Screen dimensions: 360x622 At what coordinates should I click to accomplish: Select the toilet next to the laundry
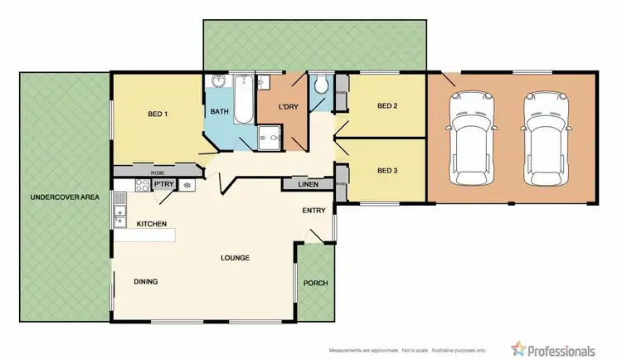pyautogui.click(x=322, y=85)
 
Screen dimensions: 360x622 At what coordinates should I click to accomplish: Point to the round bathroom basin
pyautogui.click(x=217, y=82)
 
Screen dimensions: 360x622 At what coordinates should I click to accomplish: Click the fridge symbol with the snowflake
pyautogui.click(x=187, y=186)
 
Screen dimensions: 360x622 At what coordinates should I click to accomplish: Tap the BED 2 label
pyautogui.click(x=388, y=106)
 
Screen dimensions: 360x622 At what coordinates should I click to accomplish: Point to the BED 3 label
pyautogui.click(x=388, y=171)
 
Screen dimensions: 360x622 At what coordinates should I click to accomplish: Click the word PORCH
pyautogui.click(x=316, y=283)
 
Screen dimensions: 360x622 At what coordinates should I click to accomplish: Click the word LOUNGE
pyautogui.click(x=236, y=258)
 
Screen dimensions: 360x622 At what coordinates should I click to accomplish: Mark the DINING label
pyautogui.click(x=145, y=282)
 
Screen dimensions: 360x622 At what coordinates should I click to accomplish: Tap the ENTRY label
pyautogui.click(x=313, y=211)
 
